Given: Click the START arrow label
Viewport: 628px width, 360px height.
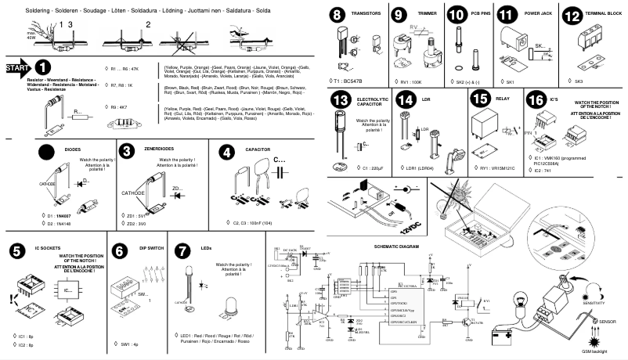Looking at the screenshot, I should (16, 69).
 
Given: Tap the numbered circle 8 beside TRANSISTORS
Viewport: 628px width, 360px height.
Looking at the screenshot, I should (337, 16).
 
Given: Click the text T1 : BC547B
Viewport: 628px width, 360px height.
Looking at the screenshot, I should (350, 81).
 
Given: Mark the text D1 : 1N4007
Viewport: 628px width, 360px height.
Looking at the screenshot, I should (60, 214).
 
